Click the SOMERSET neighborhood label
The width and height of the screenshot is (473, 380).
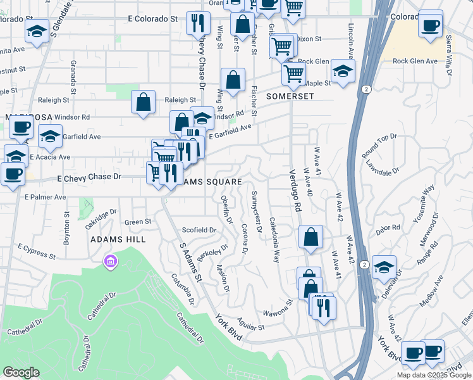[290, 96]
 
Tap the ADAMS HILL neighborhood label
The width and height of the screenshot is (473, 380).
[118, 239]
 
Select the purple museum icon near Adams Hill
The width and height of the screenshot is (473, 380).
[111, 261]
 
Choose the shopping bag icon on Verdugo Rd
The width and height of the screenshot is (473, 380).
[311, 238]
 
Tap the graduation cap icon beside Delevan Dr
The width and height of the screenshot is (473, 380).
[383, 267]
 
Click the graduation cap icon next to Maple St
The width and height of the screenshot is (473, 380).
[343, 71]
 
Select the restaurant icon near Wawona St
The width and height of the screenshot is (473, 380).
[324, 308]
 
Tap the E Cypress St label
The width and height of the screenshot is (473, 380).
[36, 250]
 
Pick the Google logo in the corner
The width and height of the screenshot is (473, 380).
[21, 372]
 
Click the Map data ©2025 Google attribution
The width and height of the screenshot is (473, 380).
[434, 375]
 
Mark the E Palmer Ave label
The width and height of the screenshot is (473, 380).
[46, 198]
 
